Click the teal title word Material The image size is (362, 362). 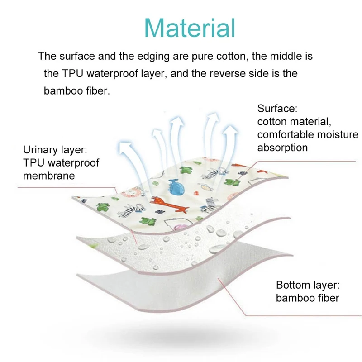click(x=190, y=28)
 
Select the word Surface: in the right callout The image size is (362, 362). click(x=277, y=109)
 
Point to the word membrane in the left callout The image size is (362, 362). click(x=49, y=176)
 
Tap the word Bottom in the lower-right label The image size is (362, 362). click(x=295, y=285)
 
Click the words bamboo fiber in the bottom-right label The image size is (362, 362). click(x=307, y=298)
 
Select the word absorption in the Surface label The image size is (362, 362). click(x=282, y=148)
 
